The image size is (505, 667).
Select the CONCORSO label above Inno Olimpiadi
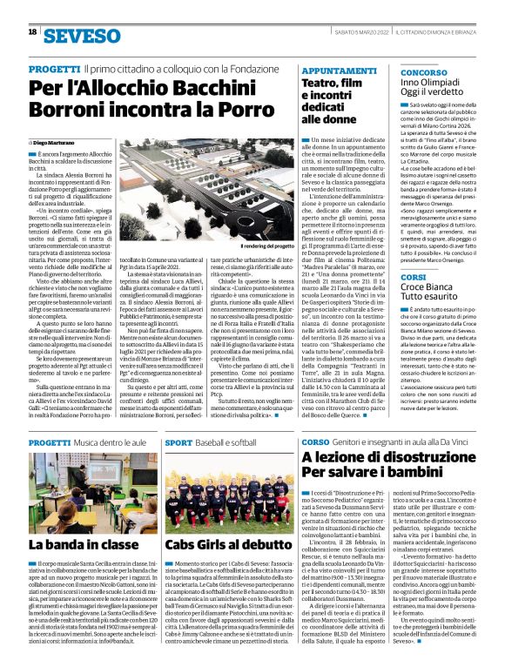(424, 71)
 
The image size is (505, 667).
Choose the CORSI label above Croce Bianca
(413, 277)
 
